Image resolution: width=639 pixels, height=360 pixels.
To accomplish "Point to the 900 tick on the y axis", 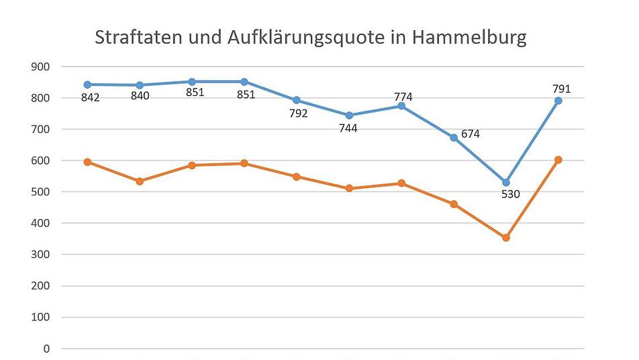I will [40, 66].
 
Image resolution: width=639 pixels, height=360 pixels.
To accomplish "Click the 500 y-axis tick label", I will [40, 192].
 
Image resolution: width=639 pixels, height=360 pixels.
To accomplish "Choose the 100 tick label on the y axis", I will [40, 318].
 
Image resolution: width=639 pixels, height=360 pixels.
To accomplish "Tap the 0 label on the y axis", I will [46, 349].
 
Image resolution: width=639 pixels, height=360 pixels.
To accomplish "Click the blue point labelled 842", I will [87, 85].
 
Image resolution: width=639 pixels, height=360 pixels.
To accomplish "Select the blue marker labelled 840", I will [140, 85].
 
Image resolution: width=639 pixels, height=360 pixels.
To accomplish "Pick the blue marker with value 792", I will [297, 100].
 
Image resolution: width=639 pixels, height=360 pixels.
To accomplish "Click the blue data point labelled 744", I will [349, 116].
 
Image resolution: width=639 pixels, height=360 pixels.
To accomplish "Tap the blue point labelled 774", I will [401, 106].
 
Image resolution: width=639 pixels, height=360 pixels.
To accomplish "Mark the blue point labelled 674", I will [454, 137].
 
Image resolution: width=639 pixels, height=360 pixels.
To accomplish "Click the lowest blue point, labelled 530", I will [506, 183].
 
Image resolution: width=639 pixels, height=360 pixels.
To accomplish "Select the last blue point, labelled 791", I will [558, 101].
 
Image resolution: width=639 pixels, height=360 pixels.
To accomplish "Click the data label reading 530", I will [510, 195].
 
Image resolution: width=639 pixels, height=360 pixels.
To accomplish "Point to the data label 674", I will [470, 134].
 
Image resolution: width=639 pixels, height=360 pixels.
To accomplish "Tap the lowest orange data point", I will [506, 238].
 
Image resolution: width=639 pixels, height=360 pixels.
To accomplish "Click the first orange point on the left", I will [87, 162].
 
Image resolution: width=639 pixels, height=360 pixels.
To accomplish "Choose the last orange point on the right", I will [558, 160].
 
